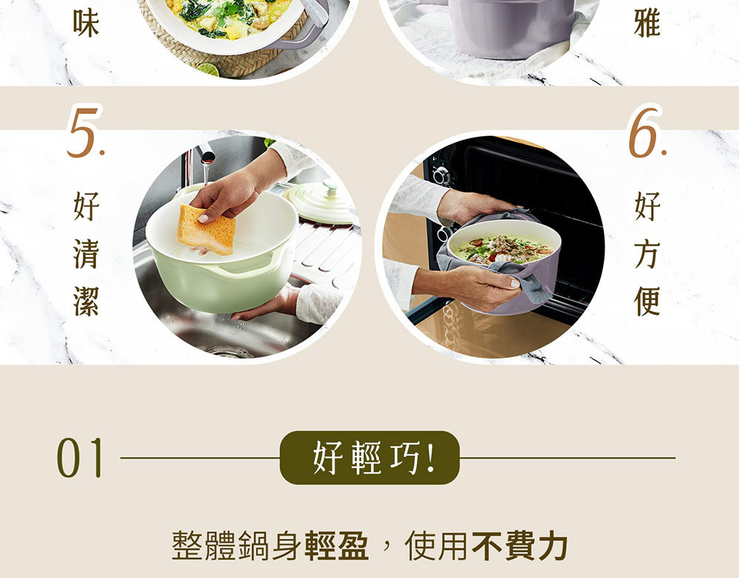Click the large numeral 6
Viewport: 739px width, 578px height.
646,132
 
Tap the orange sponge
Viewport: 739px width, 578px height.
207,229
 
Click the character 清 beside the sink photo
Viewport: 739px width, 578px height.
86,254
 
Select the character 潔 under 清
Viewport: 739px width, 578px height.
86,301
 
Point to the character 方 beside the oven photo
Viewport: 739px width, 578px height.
647,254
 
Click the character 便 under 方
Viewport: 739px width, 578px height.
647,301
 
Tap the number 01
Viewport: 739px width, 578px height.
80,458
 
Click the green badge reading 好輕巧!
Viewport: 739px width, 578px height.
369,458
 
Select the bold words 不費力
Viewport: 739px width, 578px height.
520,546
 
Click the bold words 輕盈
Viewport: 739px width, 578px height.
336,546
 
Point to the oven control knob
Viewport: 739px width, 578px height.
442,174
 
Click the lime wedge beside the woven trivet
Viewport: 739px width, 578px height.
208,69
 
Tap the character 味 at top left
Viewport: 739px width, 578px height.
86,23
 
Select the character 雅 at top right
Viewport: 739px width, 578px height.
647,23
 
